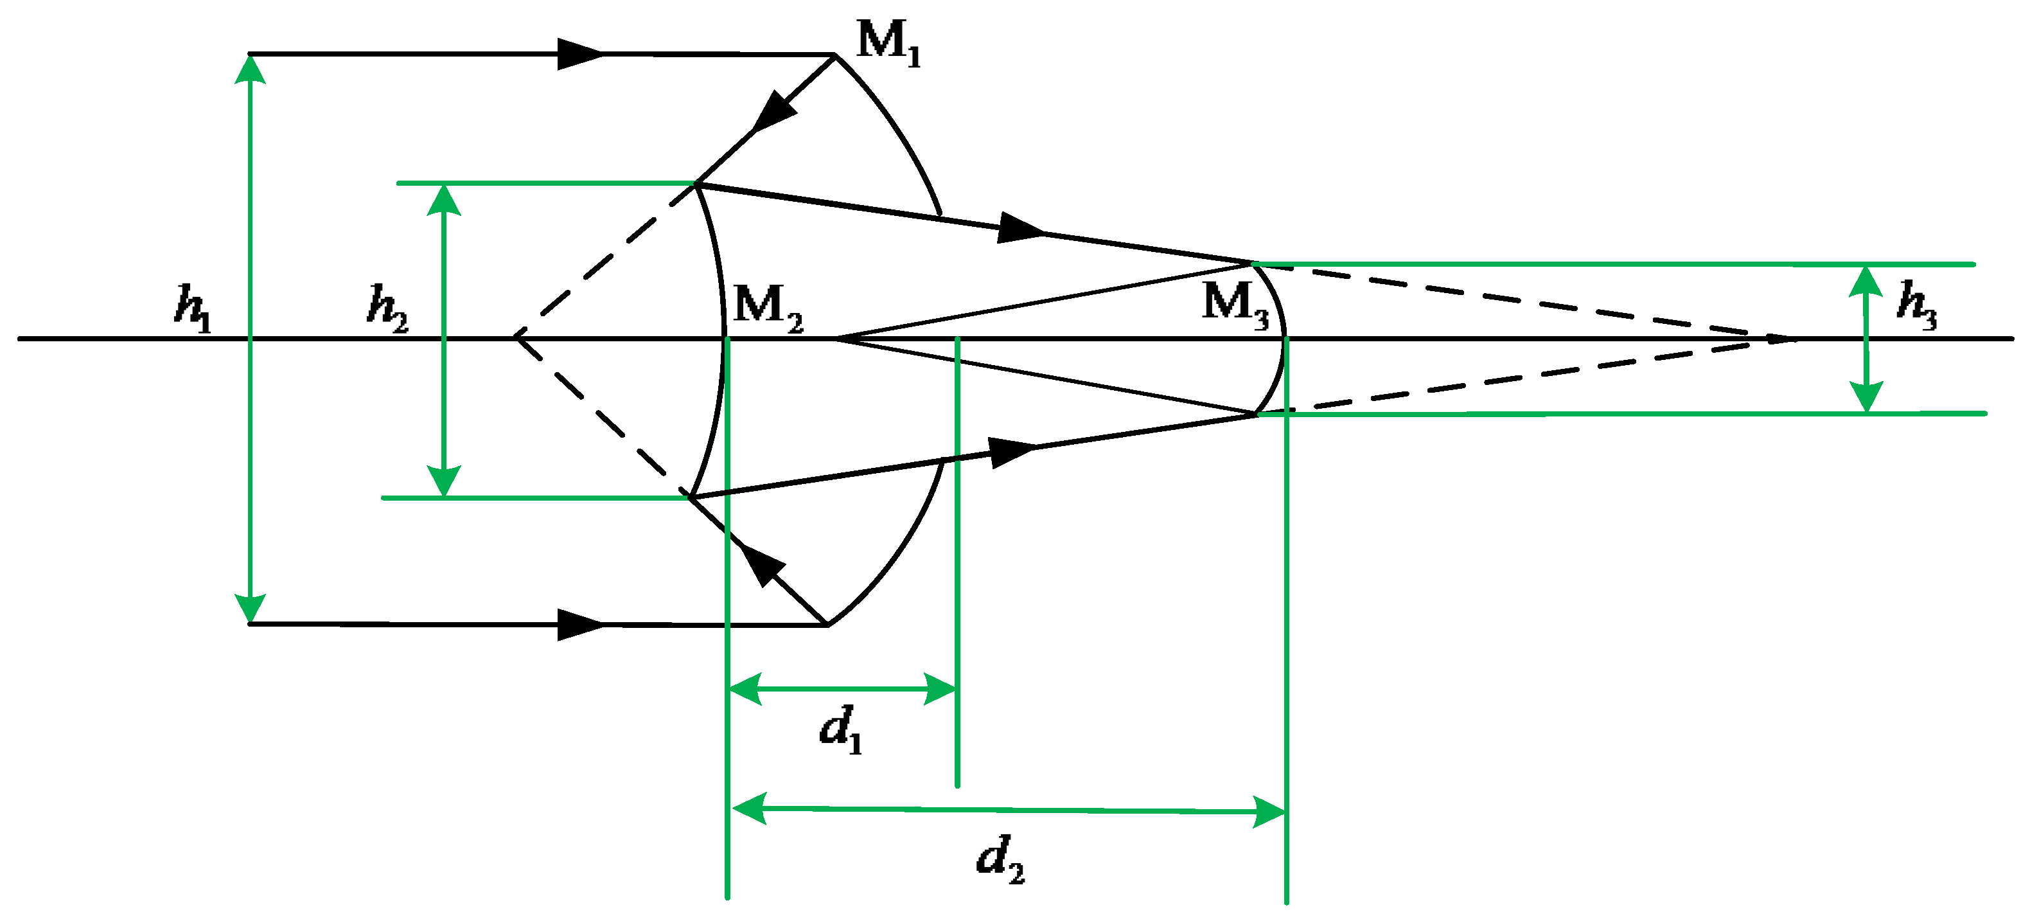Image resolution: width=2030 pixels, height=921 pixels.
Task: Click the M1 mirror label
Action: tap(888, 43)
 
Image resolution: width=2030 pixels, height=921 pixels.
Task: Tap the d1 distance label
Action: tap(841, 730)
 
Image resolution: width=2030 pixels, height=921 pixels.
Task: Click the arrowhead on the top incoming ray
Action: tap(581, 53)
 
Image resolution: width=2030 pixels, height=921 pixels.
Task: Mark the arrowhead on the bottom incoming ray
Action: tap(581, 625)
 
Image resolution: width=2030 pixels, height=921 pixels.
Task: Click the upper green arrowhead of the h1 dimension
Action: tap(251, 69)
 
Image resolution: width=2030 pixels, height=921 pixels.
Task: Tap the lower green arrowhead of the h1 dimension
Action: tap(251, 608)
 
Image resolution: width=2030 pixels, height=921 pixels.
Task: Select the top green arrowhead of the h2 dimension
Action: tap(444, 199)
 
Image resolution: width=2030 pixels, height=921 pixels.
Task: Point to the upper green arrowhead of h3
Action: tap(1866, 281)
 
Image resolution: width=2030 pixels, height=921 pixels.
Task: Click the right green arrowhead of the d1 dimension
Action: tap(940, 688)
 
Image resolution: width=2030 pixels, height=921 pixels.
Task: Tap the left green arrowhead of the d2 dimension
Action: tap(750, 809)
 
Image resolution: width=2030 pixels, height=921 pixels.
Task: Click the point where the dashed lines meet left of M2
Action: tap(515, 337)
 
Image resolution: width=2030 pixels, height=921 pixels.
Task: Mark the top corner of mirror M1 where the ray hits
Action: tap(834, 55)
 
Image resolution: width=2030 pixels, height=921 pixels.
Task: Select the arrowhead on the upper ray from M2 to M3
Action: tap(1021, 228)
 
